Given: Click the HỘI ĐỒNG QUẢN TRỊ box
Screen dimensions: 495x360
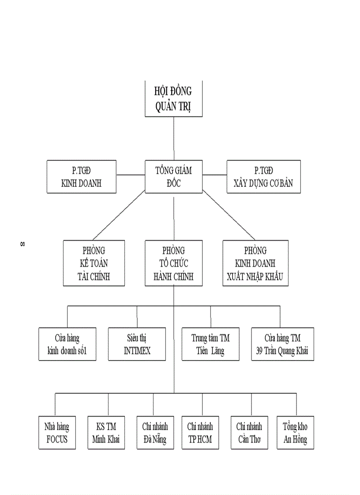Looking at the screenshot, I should tap(173, 99).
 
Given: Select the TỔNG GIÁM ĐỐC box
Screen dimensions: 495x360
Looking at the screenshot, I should tap(173, 176).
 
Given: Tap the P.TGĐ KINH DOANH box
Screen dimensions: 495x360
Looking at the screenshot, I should tap(81, 176).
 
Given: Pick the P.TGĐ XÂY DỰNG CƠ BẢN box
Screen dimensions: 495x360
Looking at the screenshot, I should tap(263, 176).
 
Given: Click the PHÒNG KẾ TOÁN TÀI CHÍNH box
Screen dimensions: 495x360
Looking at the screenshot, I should tap(94, 263).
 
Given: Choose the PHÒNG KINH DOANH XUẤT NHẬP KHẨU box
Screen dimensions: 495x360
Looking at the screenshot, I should tap(255, 263).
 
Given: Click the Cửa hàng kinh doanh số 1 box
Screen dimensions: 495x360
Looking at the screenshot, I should tap(67, 344).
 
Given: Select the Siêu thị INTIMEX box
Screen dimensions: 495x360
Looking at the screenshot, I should tap(137, 344).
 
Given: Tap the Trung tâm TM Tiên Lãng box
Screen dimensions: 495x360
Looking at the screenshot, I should tap(210, 344).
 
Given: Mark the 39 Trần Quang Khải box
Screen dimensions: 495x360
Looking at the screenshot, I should tap(282, 344).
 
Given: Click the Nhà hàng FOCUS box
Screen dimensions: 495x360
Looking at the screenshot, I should tap(56, 433).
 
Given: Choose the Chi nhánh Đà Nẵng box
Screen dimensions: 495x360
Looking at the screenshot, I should tap(154, 433).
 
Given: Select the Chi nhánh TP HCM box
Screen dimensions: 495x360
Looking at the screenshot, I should tap(200, 433).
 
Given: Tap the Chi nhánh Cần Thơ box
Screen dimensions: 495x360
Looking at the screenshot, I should tap(249, 433).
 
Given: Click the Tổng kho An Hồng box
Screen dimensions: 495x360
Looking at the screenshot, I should tap(295, 433).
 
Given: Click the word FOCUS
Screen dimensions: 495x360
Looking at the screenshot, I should tap(57, 440).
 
